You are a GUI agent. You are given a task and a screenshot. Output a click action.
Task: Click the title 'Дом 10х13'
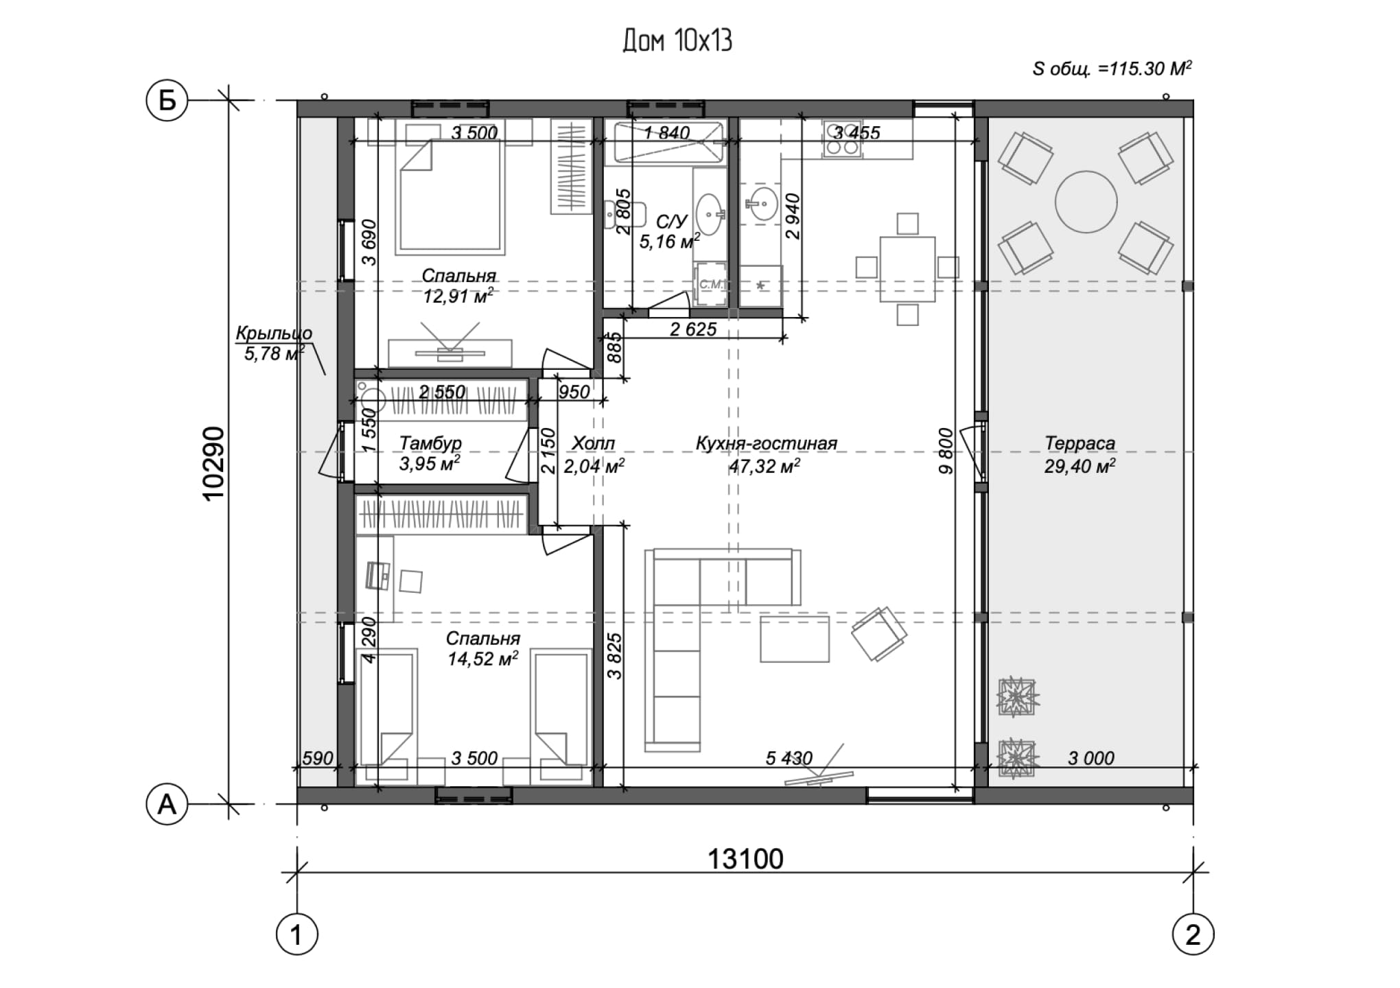pos(677,41)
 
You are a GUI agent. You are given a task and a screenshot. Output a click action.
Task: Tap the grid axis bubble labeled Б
pos(167,101)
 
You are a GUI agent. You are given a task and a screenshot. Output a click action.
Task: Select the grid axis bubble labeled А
pos(167,804)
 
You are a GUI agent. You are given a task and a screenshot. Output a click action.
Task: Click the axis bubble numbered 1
pos(296,934)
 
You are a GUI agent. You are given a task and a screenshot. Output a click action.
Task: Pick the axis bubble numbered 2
pos(1193,934)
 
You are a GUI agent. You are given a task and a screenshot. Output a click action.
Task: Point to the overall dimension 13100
pos(745,859)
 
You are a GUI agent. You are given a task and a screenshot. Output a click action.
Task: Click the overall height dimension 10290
pos(214,463)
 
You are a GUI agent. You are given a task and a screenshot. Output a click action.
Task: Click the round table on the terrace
pos(1086,202)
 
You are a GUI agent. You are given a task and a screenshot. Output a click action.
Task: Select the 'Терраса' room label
pos(1080,443)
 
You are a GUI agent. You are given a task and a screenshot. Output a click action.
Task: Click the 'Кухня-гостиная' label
pos(767,443)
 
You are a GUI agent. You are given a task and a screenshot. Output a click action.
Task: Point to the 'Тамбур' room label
pos(430,443)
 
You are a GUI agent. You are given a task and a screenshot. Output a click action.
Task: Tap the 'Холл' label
pos(594,443)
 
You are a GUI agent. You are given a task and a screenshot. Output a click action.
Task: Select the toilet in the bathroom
pos(624,214)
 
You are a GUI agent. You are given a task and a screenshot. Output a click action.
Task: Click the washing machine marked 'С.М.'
pos(710,283)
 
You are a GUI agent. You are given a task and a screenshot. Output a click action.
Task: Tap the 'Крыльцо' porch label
pos(274,333)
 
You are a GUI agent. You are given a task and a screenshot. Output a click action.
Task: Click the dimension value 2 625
pos(693,329)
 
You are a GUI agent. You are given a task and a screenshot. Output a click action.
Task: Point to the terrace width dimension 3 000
pos(1091,758)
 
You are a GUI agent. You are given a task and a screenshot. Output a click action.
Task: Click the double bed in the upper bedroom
pos(451,196)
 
